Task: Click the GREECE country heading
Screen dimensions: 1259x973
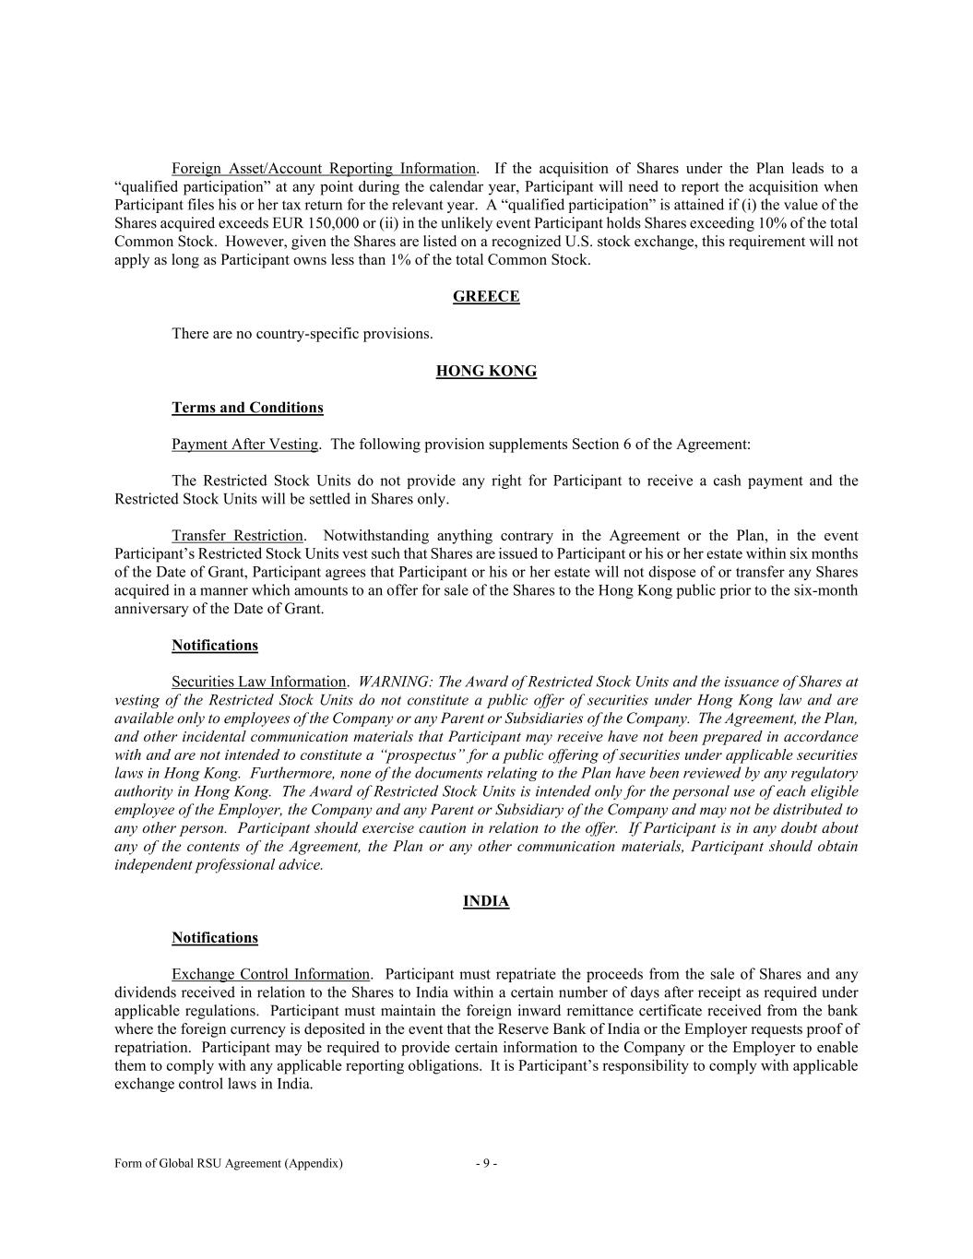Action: [x=486, y=296]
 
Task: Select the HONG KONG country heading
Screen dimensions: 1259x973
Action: [x=486, y=371]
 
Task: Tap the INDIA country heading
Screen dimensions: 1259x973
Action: [x=486, y=901]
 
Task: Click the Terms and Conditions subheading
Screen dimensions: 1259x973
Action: [x=247, y=408]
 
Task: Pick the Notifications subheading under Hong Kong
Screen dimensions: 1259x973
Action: [x=215, y=646]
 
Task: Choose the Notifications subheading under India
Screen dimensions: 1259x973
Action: [x=215, y=938]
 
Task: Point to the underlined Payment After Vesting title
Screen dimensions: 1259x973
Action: [x=244, y=445]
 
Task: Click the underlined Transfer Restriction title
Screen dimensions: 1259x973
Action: [x=237, y=536]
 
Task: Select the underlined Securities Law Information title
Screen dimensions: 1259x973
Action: [x=258, y=683]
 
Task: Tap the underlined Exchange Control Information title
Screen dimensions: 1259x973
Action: [x=271, y=975]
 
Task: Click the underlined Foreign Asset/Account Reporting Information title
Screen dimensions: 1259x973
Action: [x=324, y=169]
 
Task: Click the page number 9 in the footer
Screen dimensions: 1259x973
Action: [x=487, y=1164]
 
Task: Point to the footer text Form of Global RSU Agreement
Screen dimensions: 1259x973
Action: [x=228, y=1164]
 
